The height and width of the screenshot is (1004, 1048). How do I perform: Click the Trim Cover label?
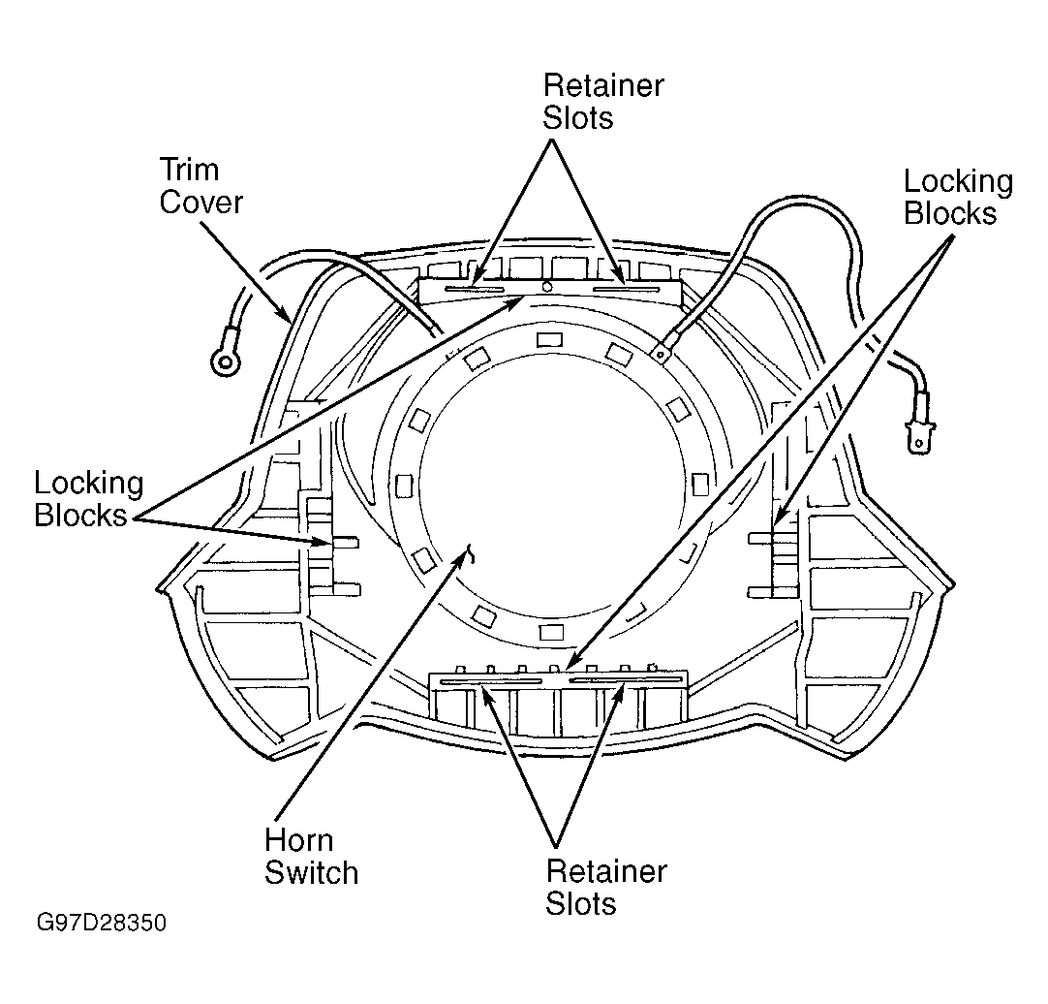tap(200, 186)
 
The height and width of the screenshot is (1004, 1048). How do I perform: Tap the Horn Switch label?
tap(312, 857)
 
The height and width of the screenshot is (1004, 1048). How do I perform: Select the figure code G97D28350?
tap(101, 923)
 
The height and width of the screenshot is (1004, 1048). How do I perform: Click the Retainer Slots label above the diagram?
tap(602, 101)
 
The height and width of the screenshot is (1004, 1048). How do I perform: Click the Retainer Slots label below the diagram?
tap(606, 887)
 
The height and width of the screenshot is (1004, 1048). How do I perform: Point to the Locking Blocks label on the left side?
tap(89, 499)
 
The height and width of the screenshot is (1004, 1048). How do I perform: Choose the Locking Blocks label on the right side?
tap(959, 197)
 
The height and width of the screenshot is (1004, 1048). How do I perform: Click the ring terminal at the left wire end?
tap(225, 361)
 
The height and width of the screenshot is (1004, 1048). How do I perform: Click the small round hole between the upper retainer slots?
tap(546, 287)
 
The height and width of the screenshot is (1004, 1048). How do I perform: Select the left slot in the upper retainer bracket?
tap(475, 289)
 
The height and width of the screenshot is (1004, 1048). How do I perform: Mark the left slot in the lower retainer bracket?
tap(491, 681)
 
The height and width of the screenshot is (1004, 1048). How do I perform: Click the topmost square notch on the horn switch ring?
tap(550, 340)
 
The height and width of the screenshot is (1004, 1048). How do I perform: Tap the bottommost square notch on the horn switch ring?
tap(551, 632)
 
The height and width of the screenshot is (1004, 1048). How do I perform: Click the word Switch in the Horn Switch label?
tap(312, 873)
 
